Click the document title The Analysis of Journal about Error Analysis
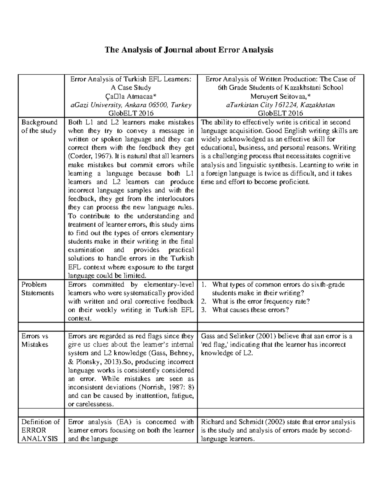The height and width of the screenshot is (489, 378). (x=189, y=50)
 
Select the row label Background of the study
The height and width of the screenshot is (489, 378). (x=39, y=127)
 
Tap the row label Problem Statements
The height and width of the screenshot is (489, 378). (x=37, y=289)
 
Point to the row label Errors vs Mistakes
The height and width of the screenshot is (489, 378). (x=35, y=340)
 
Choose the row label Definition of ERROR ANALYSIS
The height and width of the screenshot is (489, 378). (x=40, y=430)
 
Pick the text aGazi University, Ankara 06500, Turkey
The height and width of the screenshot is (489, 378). (x=130, y=105)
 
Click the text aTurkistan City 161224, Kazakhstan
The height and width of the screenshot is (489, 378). (x=280, y=105)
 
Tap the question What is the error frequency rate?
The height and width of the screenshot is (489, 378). (x=261, y=301)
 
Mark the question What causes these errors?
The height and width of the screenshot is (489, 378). (x=250, y=310)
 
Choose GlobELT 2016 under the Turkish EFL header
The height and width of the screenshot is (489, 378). (x=131, y=113)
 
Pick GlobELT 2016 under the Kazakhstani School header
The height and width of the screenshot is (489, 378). (x=280, y=113)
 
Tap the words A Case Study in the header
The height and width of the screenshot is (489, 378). (x=131, y=88)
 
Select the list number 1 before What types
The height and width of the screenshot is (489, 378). (x=204, y=285)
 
